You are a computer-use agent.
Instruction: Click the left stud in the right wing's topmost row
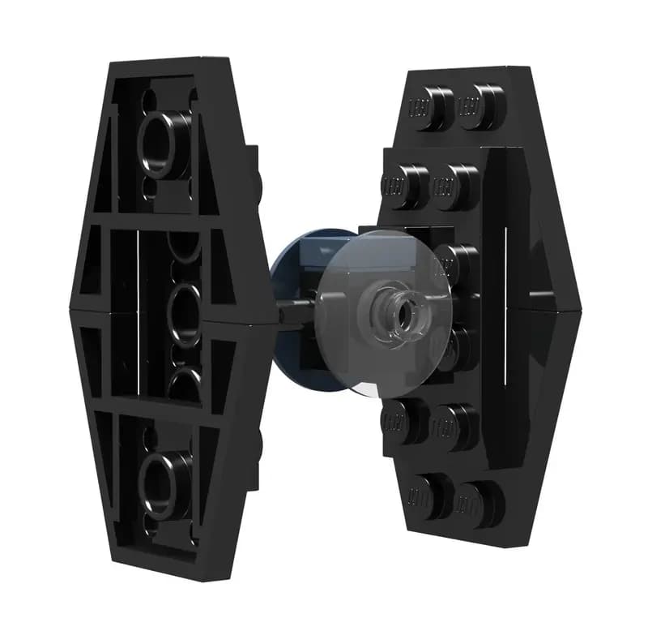tap(430, 105)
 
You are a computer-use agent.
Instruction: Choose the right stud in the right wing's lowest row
tap(479, 496)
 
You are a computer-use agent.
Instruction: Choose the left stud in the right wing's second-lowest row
tap(404, 417)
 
